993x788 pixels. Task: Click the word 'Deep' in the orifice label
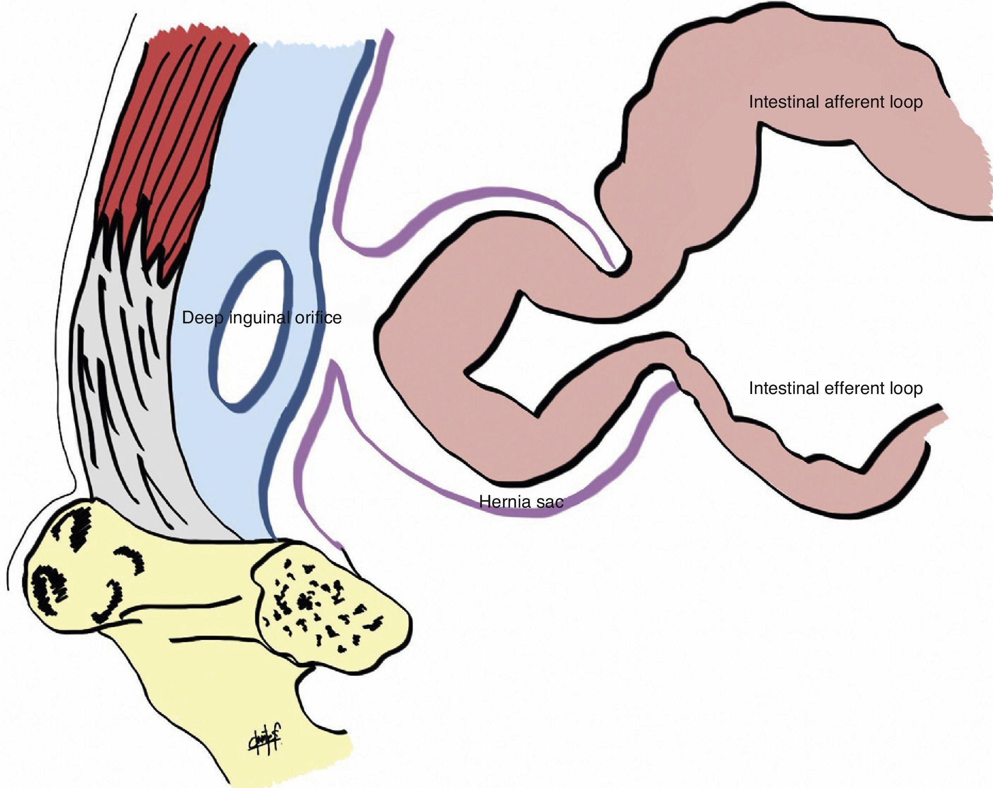click(x=201, y=318)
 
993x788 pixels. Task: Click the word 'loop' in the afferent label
click(x=904, y=102)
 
